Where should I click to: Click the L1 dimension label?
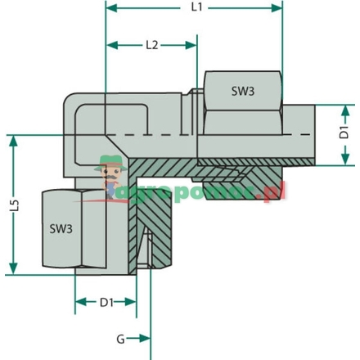tap(194, 7)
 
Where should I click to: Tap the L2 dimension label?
tap(151, 45)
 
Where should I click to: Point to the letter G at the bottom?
tap(120, 337)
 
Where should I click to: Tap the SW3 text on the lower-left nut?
tap(61, 229)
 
